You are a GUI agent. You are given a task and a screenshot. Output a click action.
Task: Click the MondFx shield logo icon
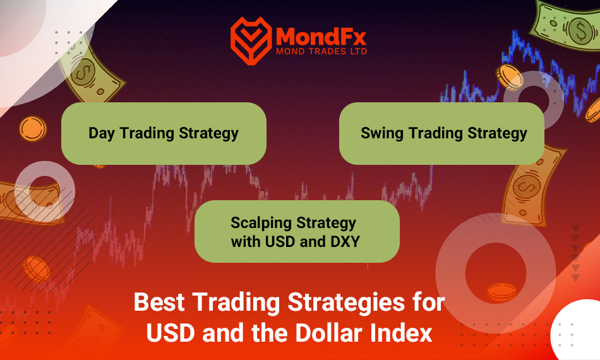tap(251, 40)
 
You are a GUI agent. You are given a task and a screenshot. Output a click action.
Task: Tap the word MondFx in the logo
tap(321, 36)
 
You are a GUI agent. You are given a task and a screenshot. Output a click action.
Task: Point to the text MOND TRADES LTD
tap(321, 51)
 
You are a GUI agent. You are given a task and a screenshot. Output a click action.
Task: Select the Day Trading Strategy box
tap(164, 133)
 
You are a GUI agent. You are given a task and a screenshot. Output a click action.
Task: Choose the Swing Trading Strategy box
tap(441, 133)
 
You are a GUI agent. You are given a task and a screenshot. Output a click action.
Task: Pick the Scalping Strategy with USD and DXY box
tap(297, 231)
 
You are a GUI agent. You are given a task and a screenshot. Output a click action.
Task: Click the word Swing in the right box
tap(382, 133)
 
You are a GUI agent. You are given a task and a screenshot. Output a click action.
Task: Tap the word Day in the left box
tap(102, 133)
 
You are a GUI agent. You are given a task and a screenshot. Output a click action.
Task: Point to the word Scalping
tap(261, 223)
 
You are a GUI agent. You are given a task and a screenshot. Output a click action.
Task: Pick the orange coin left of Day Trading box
tap(33, 129)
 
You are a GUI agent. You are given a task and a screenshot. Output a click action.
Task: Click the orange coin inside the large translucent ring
tap(501, 292)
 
